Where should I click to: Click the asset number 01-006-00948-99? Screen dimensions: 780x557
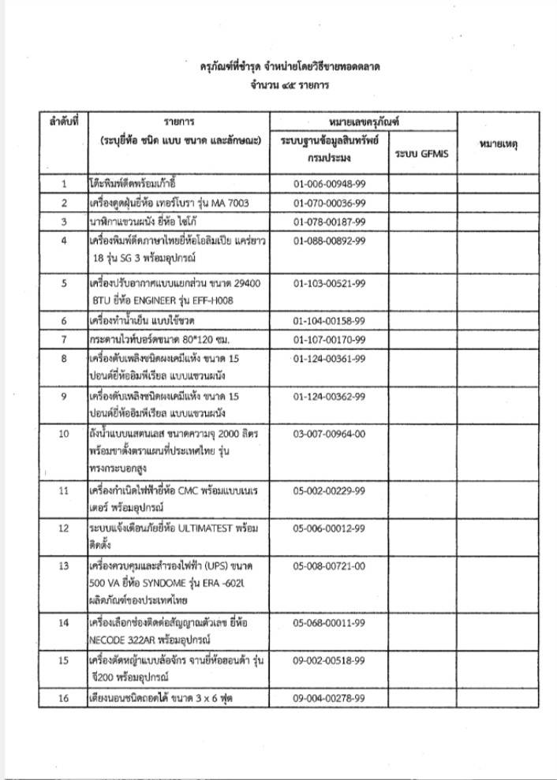[x=329, y=184]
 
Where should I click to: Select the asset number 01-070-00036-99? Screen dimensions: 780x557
[x=329, y=203]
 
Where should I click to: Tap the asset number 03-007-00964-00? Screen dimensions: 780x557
[x=329, y=433]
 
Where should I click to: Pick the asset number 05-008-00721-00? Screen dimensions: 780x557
[x=329, y=565]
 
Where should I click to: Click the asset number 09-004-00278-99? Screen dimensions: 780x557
[x=329, y=698]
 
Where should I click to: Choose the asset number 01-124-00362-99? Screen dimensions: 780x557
[x=329, y=396]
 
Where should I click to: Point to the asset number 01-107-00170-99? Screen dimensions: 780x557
[x=329, y=340]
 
